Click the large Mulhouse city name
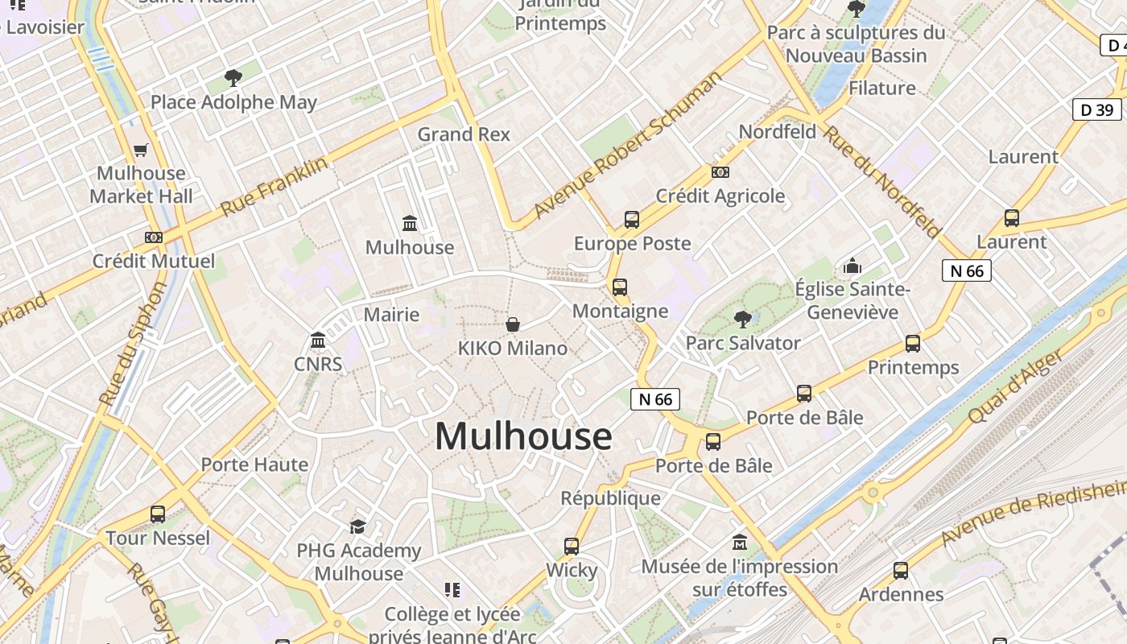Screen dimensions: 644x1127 point(523,436)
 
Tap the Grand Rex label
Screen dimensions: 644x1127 point(464,134)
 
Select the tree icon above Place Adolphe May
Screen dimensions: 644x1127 point(233,78)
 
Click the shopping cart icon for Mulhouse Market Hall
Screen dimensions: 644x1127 point(141,150)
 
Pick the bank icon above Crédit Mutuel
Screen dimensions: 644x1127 point(154,237)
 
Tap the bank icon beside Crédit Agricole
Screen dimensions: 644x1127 point(720,172)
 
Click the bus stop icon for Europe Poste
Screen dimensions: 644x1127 point(632,219)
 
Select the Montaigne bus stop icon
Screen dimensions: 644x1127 point(620,287)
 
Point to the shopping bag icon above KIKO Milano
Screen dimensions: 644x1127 point(513,324)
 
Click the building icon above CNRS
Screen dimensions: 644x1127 point(318,341)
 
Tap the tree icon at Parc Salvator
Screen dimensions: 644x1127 point(742,320)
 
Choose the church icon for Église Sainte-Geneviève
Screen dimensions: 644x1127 point(852,265)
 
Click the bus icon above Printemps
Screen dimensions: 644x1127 point(913,344)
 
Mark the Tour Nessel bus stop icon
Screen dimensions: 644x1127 point(158,514)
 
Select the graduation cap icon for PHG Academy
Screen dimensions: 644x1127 point(357,526)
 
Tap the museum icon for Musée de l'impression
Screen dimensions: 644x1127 point(740,543)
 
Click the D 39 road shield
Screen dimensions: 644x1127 point(1096,109)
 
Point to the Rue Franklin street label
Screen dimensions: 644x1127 point(275,185)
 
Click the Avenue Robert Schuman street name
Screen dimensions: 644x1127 point(628,146)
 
